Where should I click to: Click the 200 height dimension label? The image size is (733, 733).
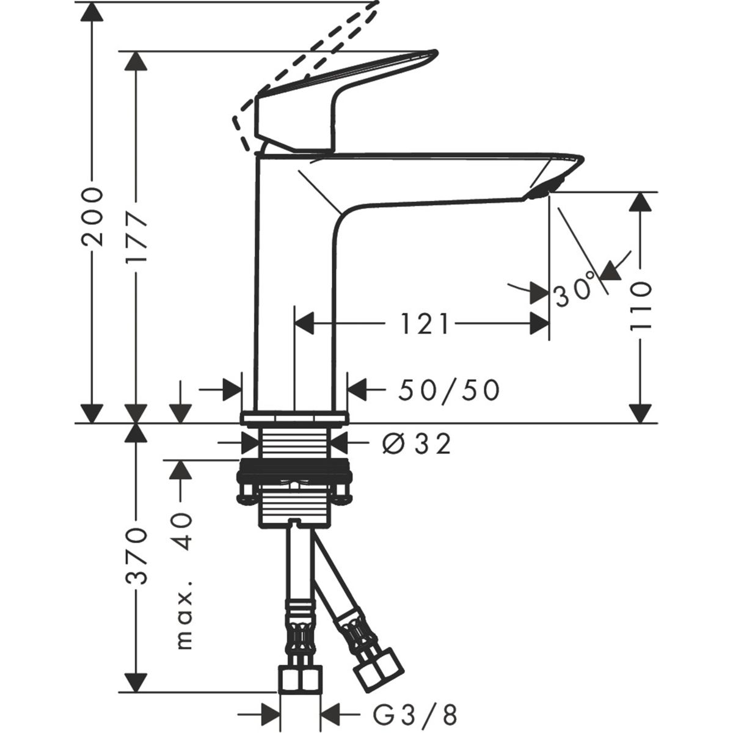[92, 217]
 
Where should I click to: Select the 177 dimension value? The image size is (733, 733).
[136, 239]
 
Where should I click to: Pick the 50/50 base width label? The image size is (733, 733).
[449, 390]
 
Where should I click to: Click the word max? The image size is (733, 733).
[184, 620]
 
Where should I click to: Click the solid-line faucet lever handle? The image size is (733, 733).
[342, 92]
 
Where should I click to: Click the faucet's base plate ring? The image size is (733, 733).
[295, 418]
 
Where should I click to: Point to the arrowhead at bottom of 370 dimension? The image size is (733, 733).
[136, 681]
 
